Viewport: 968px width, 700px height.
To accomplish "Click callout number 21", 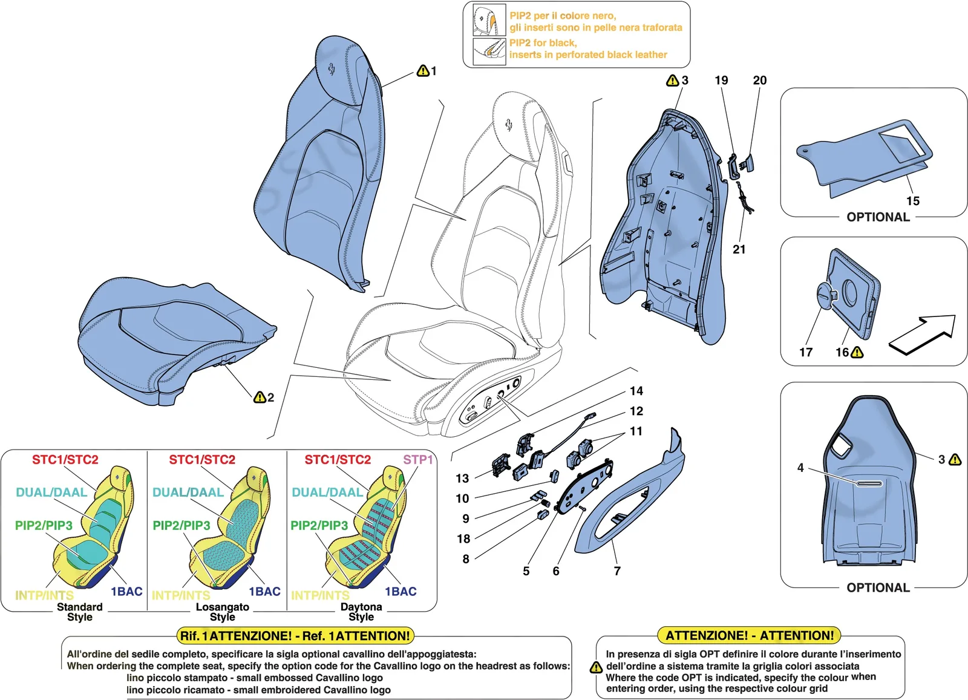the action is click(x=739, y=249).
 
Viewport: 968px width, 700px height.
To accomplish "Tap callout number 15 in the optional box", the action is click(x=913, y=201).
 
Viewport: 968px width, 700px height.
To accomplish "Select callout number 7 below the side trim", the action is click(x=618, y=571).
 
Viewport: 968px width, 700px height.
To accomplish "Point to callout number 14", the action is click(x=636, y=391).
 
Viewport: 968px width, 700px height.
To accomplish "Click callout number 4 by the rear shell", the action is click(x=800, y=468).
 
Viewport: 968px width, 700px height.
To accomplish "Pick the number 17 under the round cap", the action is click(x=806, y=352).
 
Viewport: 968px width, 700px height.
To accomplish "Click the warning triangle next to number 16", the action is click(x=857, y=353).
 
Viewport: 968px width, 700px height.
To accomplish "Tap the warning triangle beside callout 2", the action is click(x=260, y=397).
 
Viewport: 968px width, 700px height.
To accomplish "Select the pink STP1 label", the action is click(x=418, y=459).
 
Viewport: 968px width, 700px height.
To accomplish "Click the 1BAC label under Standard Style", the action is click(x=126, y=591).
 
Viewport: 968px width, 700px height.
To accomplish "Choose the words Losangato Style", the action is click(x=223, y=612).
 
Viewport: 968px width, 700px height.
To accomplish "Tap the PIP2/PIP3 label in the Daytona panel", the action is click(x=319, y=525).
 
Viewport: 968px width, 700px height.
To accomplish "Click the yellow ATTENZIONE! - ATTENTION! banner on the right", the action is click(x=750, y=636).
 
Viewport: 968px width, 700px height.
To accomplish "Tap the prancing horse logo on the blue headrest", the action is click(x=330, y=70).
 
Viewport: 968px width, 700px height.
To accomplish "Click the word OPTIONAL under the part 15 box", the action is click(x=878, y=217).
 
